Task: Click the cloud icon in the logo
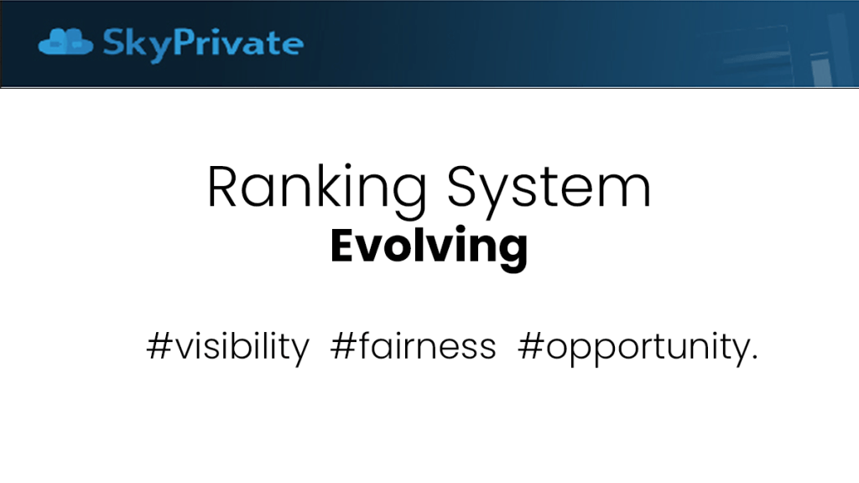[65, 42]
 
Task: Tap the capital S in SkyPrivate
[113, 42]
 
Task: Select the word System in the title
[549, 187]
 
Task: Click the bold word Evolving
[429, 247]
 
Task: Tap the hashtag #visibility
[228, 347]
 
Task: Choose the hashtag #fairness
[413, 346]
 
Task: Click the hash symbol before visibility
[159, 346]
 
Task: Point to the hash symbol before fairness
[343, 346]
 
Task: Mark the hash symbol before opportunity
[531, 346]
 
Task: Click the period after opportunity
[756, 357]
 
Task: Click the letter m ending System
[627, 192]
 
